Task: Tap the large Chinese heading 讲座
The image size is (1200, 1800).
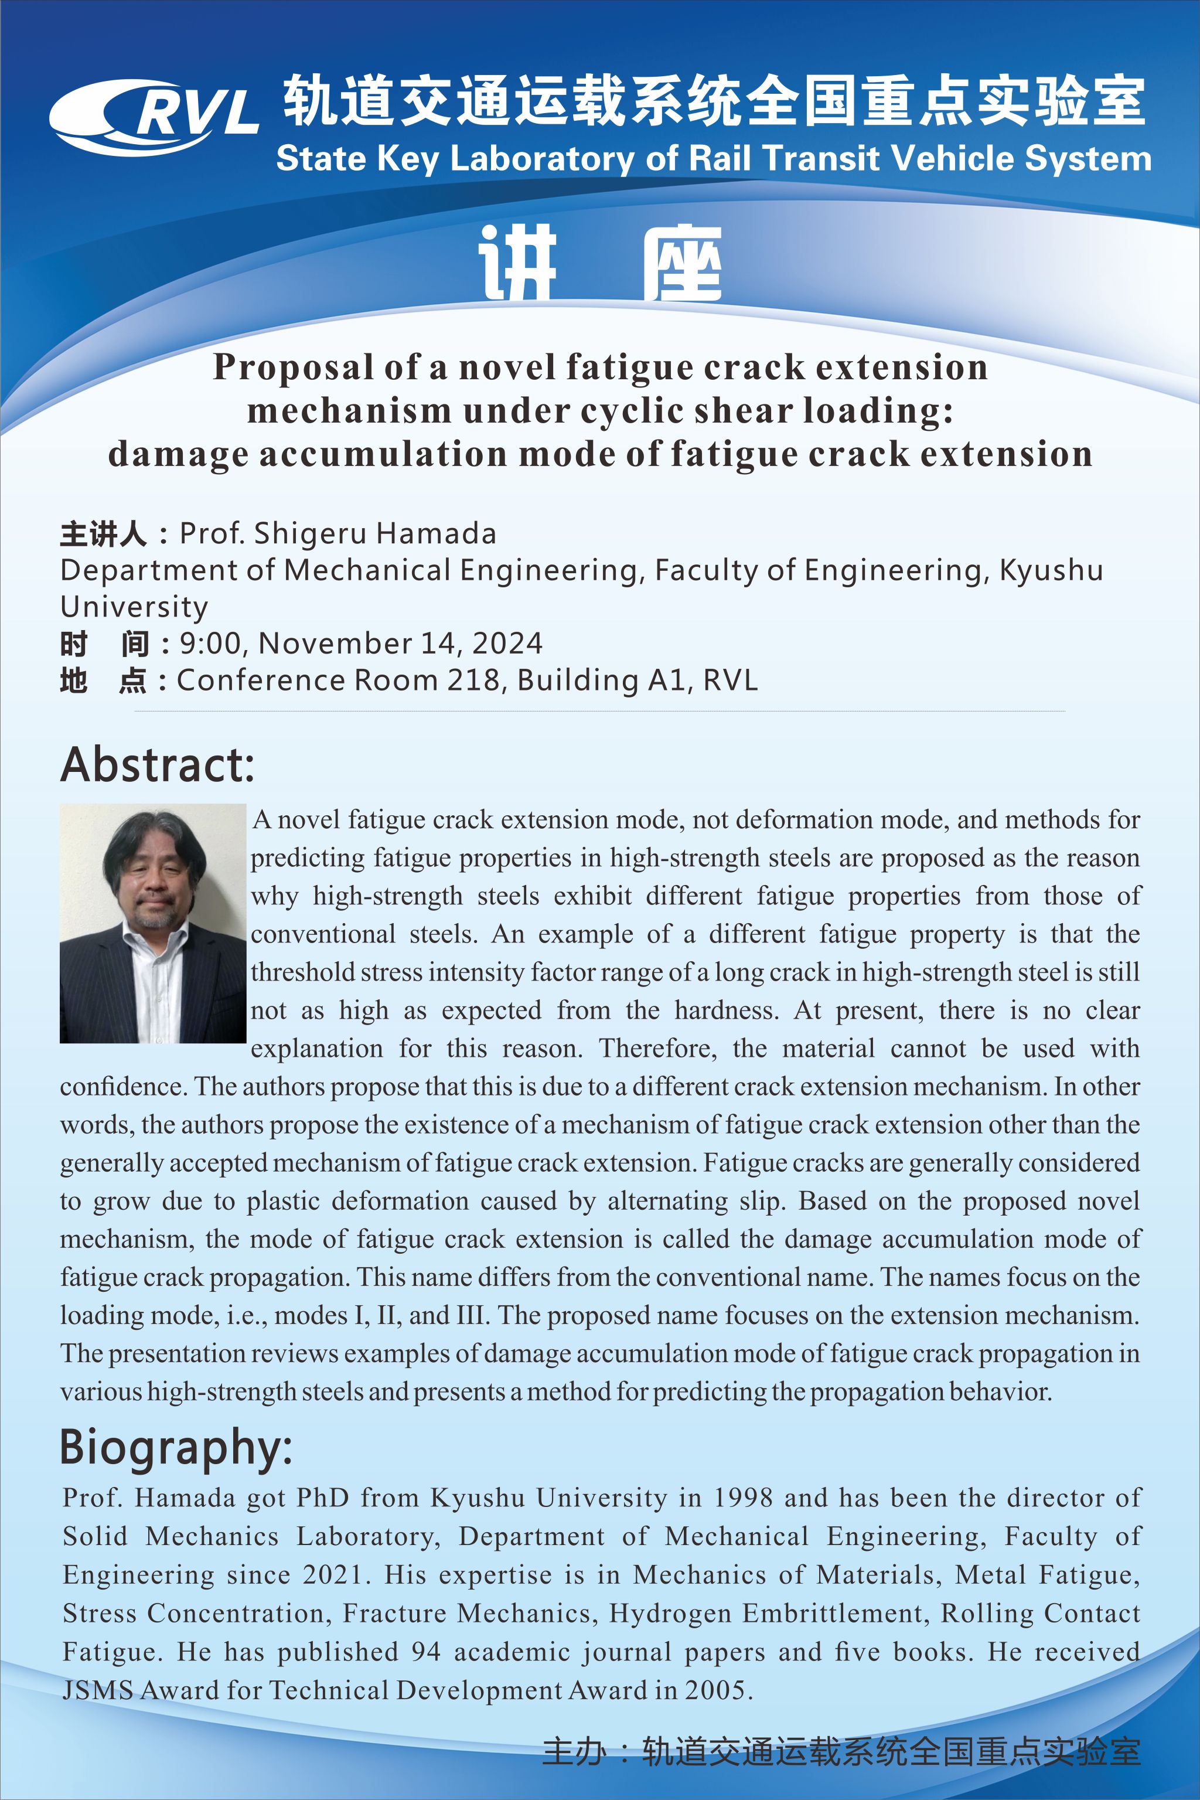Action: (600, 263)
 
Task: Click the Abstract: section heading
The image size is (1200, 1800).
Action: (157, 764)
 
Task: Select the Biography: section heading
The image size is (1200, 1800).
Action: (176, 1448)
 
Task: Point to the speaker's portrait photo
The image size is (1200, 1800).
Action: (153, 923)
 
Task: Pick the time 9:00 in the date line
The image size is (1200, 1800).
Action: (210, 643)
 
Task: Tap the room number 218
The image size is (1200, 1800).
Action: (472, 680)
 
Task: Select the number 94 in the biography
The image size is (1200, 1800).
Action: (427, 1652)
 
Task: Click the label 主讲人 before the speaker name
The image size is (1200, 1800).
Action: (103, 533)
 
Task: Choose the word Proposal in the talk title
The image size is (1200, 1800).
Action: (294, 368)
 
